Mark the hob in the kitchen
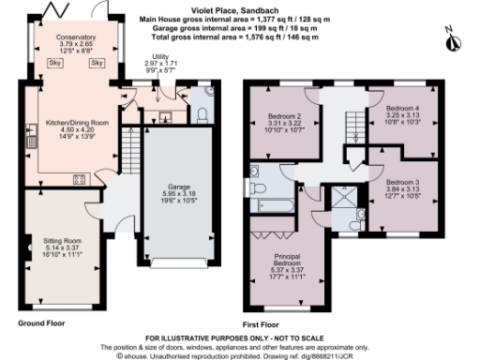click(74, 179)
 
